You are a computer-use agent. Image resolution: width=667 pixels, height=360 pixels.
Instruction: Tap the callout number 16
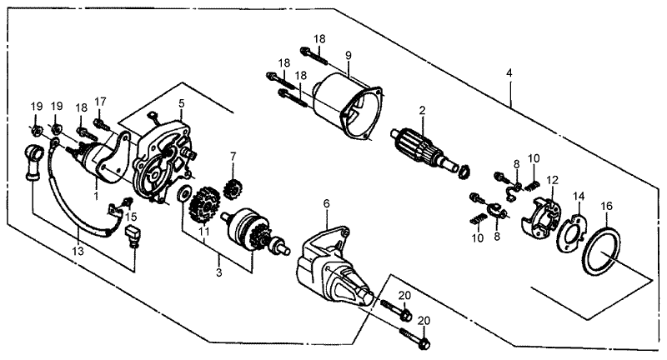click(607, 204)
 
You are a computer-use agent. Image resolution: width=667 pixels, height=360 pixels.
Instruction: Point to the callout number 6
click(326, 202)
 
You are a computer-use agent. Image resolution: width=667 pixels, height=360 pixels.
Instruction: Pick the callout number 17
click(101, 102)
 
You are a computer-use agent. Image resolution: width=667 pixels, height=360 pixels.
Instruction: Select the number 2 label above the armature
click(423, 110)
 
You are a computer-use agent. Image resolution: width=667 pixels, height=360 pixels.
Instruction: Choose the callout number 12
click(552, 180)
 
